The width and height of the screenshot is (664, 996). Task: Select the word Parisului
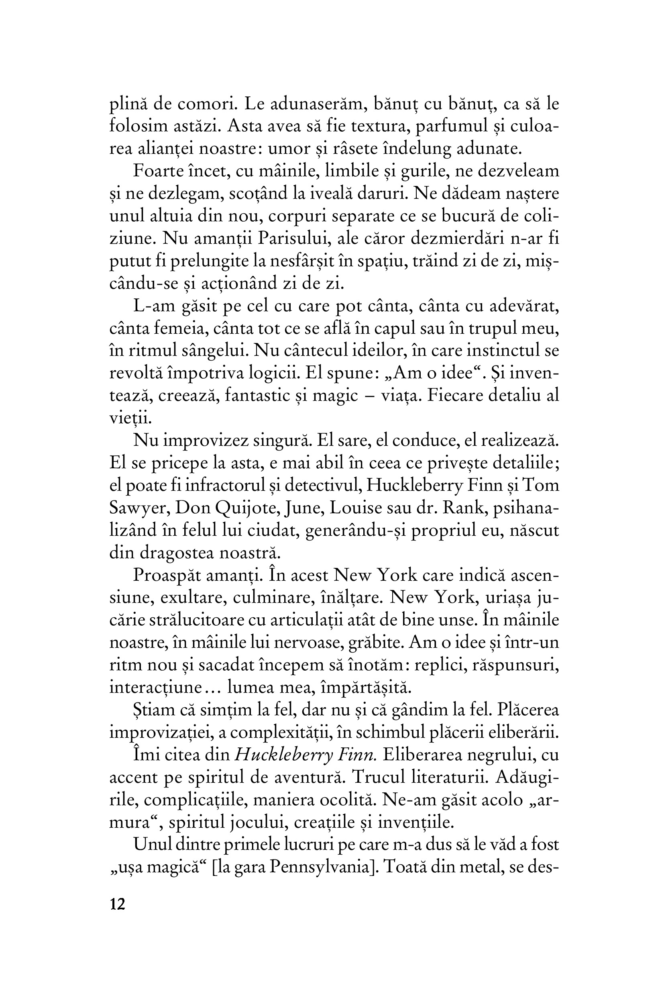(294, 239)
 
